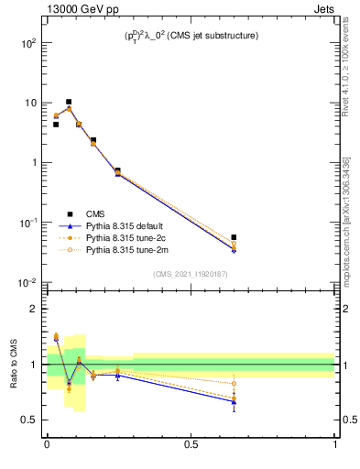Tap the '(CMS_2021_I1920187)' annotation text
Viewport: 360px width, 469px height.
pyautogui.click(x=191, y=274)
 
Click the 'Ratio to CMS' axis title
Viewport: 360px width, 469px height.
pyautogui.click(x=14, y=364)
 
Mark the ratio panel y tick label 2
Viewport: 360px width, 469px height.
pyautogui.click(x=34, y=309)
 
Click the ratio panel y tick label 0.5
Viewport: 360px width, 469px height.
pyautogui.click(x=29, y=420)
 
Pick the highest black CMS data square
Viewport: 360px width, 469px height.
pyautogui.click(x=69, y=102)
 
